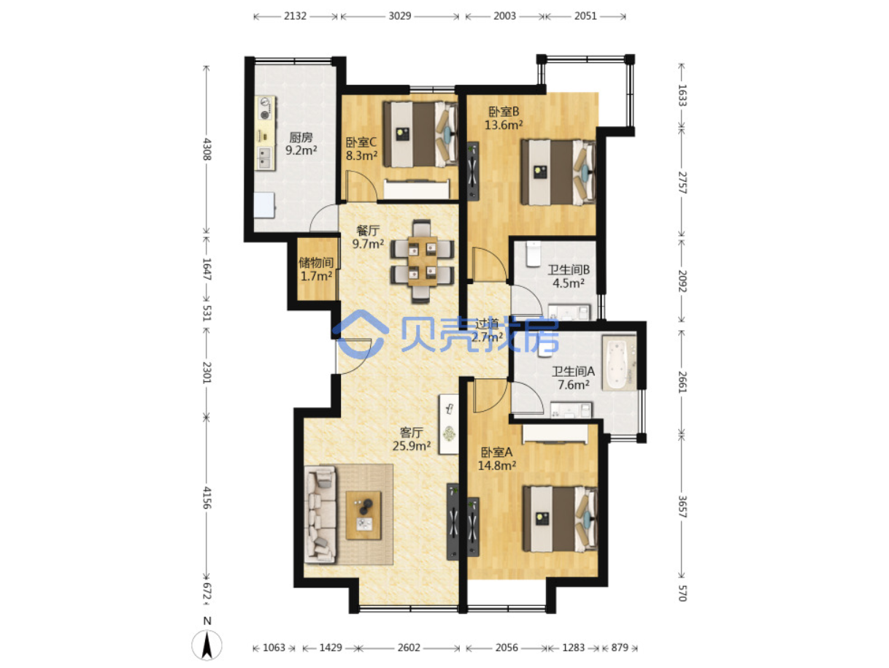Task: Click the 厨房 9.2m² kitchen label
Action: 300,144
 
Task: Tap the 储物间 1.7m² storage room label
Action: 315,269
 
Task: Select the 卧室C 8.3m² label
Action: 361,149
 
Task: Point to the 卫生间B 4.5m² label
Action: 568,276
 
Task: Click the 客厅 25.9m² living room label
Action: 411,439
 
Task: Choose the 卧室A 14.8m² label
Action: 496,459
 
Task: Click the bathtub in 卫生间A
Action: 618,362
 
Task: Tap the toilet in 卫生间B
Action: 533,253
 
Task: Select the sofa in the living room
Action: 320,514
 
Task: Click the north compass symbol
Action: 207,645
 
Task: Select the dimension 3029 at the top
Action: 399,16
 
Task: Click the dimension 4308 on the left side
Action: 207,149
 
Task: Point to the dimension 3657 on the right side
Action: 682,507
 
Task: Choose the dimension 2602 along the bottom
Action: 408,648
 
